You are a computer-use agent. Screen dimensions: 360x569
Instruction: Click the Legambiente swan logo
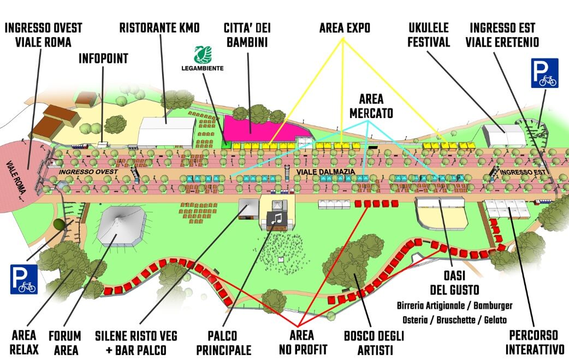pos(203,55)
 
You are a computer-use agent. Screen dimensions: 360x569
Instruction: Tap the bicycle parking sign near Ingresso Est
pos(544,73)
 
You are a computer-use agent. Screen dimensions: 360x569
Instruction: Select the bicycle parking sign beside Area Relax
pos(23,279)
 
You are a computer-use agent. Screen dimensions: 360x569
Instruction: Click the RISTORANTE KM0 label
pos(159,28)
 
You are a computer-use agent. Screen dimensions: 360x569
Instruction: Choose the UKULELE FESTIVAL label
pos(429,35)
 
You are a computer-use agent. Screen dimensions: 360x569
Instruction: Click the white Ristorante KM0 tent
pos(166,132)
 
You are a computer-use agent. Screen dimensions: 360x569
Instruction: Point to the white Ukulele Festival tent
pos(503,135)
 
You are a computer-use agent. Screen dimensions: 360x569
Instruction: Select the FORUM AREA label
pos(64,343)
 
